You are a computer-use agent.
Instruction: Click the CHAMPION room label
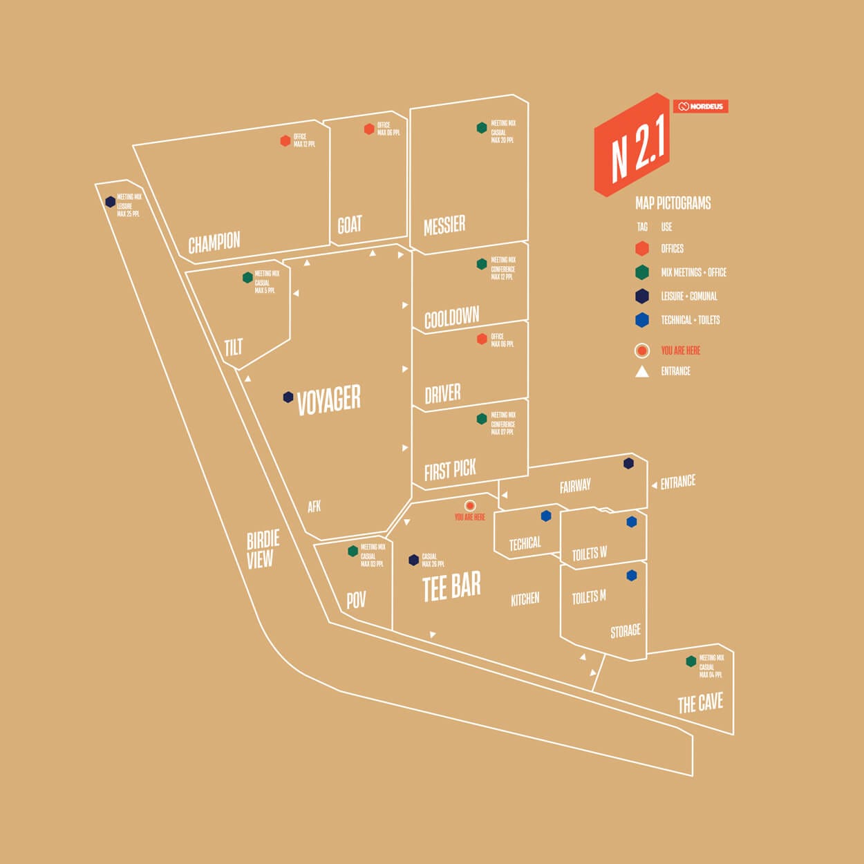(214, 243)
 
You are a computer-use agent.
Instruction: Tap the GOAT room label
(350, 225)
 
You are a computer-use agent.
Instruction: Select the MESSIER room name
(444, 225)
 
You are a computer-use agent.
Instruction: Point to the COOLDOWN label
(451, 318)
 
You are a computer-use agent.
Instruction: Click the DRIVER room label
(442, 394)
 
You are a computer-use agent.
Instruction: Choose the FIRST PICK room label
(450, 470)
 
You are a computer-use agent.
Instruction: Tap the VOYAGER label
(329, 399)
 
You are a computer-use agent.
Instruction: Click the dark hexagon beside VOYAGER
(288, 397)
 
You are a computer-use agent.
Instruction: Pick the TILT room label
(234, 346)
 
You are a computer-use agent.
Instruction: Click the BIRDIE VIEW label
(263, 550)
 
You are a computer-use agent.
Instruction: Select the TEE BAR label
(451, 588)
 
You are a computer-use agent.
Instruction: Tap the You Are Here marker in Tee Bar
(470, 506)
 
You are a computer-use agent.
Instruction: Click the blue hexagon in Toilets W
(631, 522)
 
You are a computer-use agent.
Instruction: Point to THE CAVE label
(700, 704)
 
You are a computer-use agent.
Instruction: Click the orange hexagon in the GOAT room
(369, 129)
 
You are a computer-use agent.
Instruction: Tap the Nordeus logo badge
(700, 106)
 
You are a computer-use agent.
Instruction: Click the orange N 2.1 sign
(632, 144)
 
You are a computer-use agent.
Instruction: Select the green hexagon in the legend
(642, 272)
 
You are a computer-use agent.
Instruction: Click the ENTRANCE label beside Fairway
(677, 482)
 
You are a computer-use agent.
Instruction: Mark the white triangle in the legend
(642, 371)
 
